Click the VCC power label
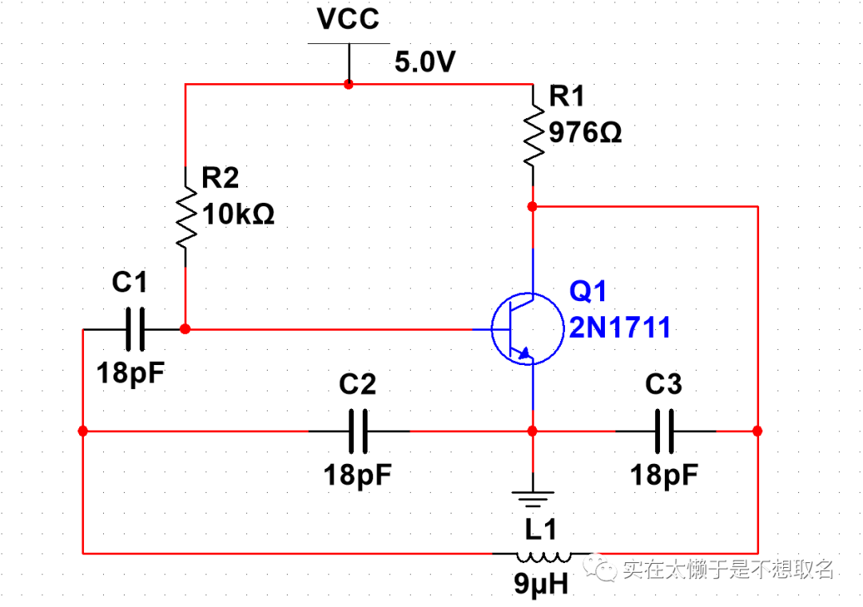(348, 19)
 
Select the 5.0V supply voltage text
(424, 62)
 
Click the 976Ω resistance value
(586, 133)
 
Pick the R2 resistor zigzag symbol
(185, 216)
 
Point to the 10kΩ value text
(239, 214)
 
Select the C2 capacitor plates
(360, 431)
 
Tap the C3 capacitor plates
(666, 431)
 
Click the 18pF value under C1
(130, 372)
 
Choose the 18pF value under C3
(664, 475)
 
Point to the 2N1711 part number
(619, 327)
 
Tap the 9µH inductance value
(541, 585)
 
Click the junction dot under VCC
(348, 84)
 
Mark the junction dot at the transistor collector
(532, 206)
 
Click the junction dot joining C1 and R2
(185, 329)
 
